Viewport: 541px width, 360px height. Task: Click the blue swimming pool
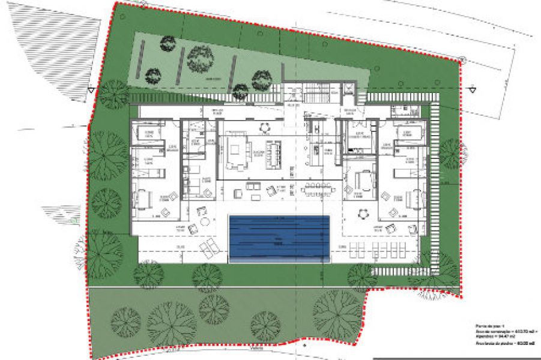point(279,238)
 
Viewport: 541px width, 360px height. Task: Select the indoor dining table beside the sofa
point(274,153)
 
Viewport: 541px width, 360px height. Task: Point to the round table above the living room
point(264,127)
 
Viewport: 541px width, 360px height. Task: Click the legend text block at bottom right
point(504,335)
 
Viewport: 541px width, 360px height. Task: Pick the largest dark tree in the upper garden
point(201,58)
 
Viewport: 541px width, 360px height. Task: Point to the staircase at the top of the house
point(315,93)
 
